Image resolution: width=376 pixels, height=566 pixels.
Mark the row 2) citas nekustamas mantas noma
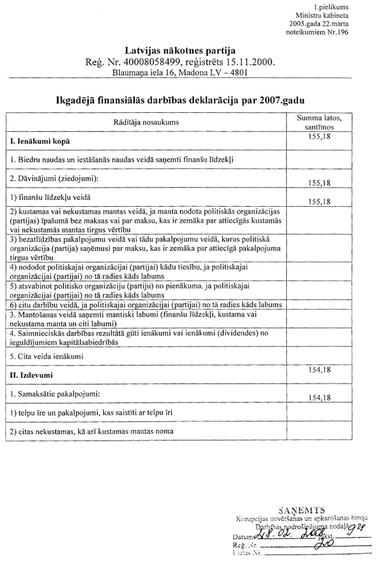click(x=92, y=431)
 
